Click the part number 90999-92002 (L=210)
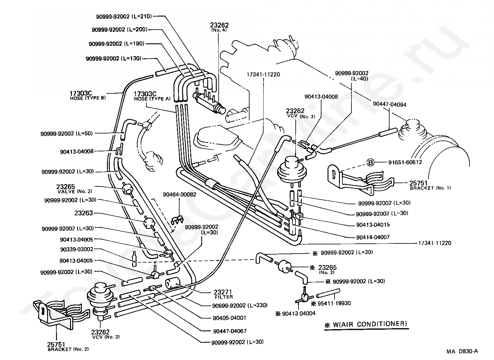[124, 17]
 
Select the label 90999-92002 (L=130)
[114, 59]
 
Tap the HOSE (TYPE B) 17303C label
[88, 96]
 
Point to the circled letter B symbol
[370, 163]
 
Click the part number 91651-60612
[405, 162]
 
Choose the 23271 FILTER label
[223, 294]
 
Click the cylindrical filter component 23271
[173, 283]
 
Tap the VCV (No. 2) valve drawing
[101, 301]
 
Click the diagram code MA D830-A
[462, 351]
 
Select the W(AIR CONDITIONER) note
[366, 324]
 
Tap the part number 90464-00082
[180, 195]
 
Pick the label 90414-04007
[373, 237]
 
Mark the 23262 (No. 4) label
[219, 27]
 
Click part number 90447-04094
[390, 104]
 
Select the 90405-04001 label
[229, 318]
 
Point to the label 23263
[84, 213]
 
